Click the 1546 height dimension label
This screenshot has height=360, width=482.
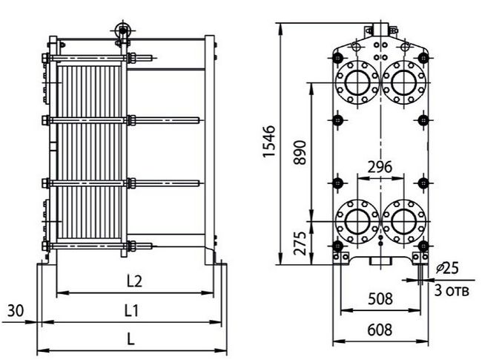click(x=269, y=141)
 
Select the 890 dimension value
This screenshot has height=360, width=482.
click(x=300, y=152)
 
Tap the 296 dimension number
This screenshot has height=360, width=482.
click(x=380, y=167)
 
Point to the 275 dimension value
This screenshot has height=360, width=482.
click(x=300, y=243)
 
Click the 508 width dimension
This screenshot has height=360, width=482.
click(x=380, y=299)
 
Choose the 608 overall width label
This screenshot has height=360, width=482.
click(x=380, y=330)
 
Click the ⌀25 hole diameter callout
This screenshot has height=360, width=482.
click(x=448, y=268)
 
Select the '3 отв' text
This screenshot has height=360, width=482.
click(x=452, y=290)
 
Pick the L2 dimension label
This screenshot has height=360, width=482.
click(x=135, y=281)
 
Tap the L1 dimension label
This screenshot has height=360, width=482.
click(x=131, y=311)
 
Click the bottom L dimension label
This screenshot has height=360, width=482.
click(x=131, y=339)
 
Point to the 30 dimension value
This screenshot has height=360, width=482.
click(x=16, y=311)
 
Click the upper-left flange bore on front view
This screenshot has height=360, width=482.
click(x=357, y=82)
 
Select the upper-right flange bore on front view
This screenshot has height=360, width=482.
click(x=403, y=82)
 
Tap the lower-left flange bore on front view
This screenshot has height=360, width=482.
click(x=357, y=221)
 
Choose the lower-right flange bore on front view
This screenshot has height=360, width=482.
click(x=403, y=221)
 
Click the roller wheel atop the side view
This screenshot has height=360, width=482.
click(x=122, y=30)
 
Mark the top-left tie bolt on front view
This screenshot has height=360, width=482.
click(x=338, y=57)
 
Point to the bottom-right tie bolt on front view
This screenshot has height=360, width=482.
click(x=423, y=246)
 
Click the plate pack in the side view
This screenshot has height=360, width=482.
click(x=89, y=151)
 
